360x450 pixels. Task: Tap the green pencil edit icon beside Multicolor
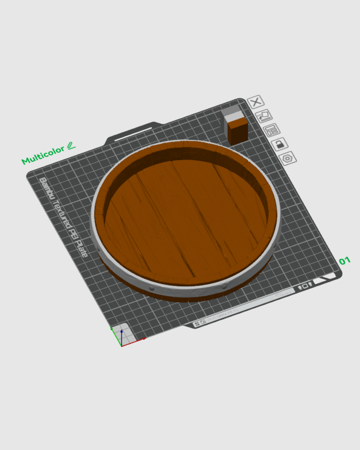click(71, 146)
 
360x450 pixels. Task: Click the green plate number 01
click(345, 261)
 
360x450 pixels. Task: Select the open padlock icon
click(279, 144)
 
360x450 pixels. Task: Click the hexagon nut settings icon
click(287, 158)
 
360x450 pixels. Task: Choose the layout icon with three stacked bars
click(271, 130)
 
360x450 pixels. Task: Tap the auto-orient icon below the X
click(264, 116)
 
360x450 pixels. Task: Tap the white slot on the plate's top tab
click(133, 134)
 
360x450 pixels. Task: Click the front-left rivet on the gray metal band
click(152, 288)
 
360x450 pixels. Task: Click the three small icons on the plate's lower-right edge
click(305, 286)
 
